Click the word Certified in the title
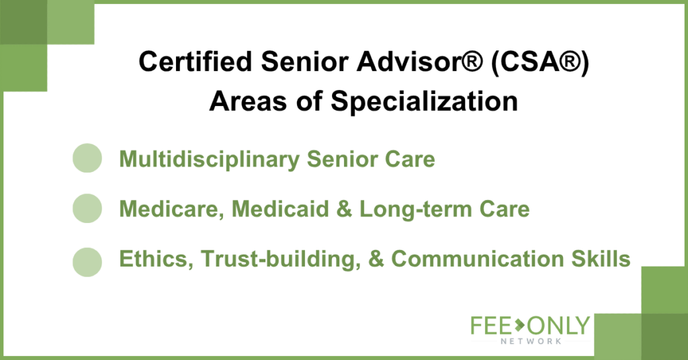click(195, 61)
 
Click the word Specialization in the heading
click(425, 101)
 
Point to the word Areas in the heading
click(248, 101)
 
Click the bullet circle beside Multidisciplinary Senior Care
click(87, 158)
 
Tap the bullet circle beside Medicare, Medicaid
click(87, 208)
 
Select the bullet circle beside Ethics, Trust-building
click(87, 262)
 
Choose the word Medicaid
click(280, 209)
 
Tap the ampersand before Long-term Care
click(345, 209)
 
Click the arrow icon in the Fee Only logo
click(520, 325)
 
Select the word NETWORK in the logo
click(531, 341)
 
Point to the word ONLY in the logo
click(558, 326)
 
